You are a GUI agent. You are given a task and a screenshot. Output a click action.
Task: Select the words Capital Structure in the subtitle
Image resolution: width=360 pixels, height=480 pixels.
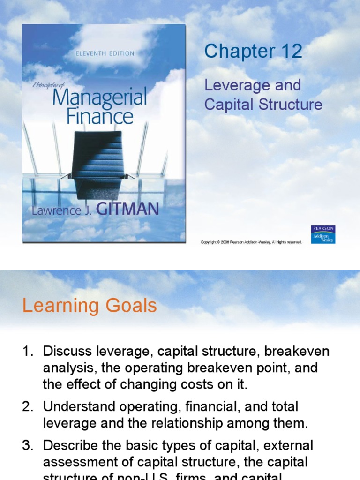point(263,105)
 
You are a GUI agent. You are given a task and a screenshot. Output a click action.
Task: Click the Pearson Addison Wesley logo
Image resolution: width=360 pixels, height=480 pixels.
point(323,235)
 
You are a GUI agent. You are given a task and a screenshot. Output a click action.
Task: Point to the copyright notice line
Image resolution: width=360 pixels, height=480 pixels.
point(251,242)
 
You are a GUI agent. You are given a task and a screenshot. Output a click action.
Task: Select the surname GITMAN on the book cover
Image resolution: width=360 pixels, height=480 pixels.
point(127,209)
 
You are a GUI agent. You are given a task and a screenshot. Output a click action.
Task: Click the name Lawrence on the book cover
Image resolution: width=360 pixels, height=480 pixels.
point(55,210)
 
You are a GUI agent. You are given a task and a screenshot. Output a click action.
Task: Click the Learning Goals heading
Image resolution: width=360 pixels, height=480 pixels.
point(90,306)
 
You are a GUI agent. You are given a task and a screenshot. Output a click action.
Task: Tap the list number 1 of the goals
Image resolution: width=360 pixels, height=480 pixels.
point(27,352)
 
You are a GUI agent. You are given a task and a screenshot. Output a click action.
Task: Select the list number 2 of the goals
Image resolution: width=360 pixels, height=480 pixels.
point(27,407)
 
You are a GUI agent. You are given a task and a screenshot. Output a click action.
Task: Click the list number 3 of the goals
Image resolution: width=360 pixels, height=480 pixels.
point(27,445)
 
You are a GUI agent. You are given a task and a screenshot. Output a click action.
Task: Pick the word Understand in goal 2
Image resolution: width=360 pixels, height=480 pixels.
point(76,407)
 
